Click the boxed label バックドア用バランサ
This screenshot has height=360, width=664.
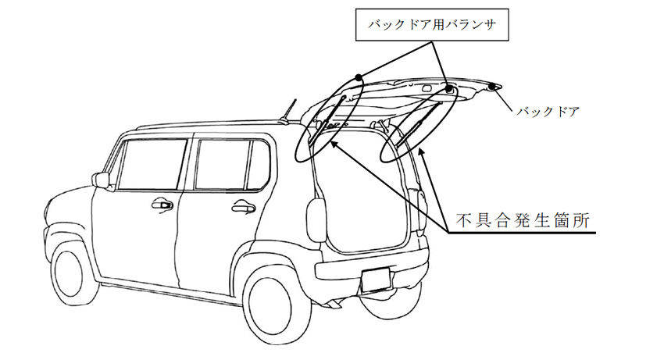point(431,24)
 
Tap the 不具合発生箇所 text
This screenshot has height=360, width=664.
point(523,221)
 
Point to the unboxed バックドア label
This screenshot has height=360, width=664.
point(548,112)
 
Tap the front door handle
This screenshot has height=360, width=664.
point(162,205)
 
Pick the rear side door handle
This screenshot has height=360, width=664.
point(244,207)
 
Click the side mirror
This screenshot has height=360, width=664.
point(102,180)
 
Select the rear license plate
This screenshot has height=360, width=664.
point(376,280)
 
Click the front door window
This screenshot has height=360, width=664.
point(152,164)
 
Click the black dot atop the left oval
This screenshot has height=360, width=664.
point(359,77)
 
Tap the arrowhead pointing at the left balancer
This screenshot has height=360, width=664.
point(334,144)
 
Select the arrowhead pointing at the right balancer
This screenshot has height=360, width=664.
point(422,152)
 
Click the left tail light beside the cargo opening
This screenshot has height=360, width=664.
point(316,219)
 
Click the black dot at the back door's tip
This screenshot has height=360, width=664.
point(491,87)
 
